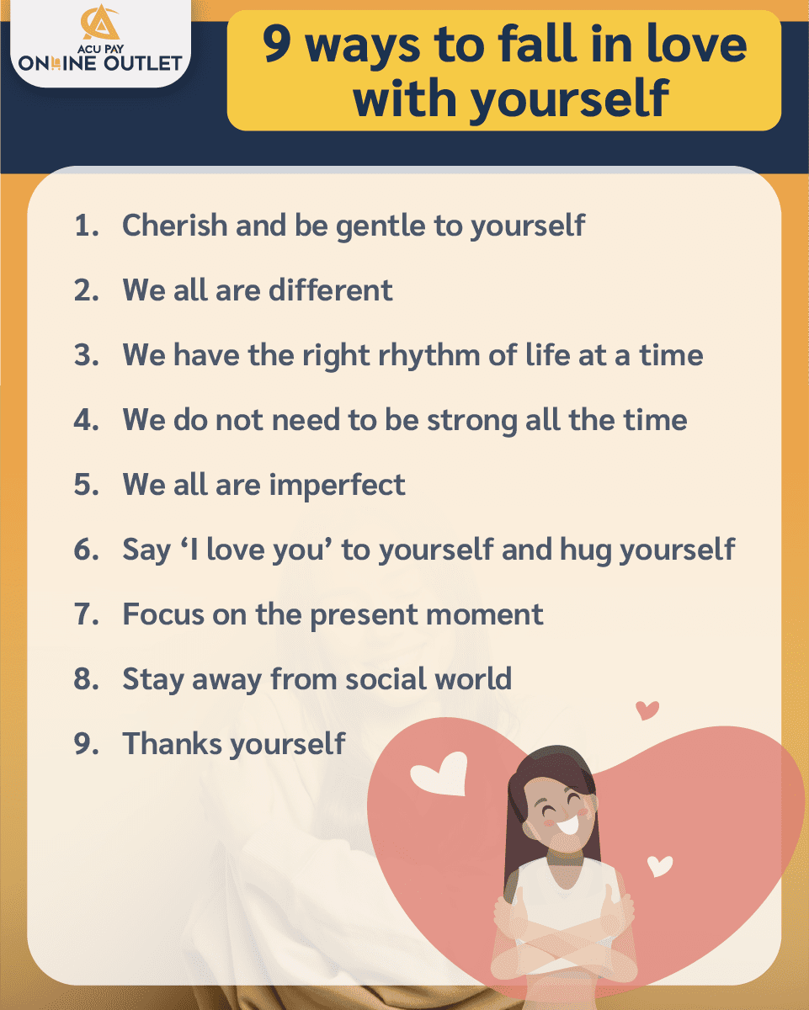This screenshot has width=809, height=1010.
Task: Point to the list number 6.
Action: (86, 550)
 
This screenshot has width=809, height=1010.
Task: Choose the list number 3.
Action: (86, 354)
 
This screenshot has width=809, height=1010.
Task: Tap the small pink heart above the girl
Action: (647, 710)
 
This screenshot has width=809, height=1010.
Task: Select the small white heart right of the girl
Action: (660, 864)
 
